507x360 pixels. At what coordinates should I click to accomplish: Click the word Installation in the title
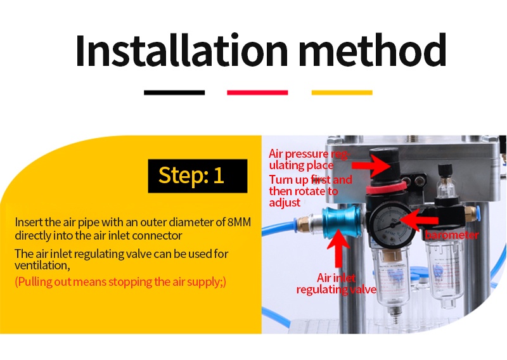click(x=182, y=50)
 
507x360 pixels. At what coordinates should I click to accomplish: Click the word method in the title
click(x=373, y=50)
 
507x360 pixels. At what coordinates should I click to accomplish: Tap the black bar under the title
click(x=174, y=93)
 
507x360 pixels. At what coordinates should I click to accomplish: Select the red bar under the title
click(x=257, y=93)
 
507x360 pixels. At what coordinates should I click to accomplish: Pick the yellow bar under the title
click(x=342, y=93)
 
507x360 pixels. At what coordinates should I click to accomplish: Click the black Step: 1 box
click(x=198, y=176)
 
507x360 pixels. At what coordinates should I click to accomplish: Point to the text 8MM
click(x=239, y=222)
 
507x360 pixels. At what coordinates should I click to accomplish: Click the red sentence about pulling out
click(x=120, y=281)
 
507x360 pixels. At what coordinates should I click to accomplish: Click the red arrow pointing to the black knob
click(x=371, y=165)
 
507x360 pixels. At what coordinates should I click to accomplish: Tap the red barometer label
click(x=452, y=235)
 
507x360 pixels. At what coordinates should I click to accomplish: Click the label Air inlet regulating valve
click(x=337, y=284)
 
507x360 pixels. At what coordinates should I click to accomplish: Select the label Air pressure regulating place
click(x=309, y=160)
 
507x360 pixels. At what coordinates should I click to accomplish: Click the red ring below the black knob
click(x=387, y=188)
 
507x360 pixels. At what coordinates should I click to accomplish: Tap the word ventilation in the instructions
click(x=42, y=266)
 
